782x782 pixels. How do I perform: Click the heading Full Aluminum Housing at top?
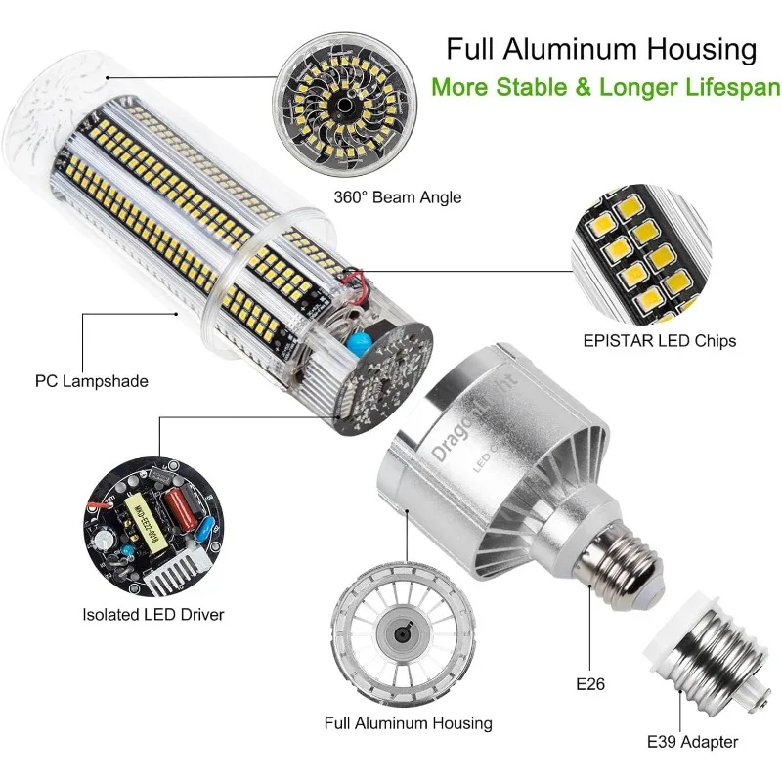click(601, 49)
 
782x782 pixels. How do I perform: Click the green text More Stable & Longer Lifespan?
click(606, 86)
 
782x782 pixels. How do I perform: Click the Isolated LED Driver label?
click(153, 615)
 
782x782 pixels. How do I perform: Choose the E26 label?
click(590, 684)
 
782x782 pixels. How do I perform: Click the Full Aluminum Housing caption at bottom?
click(409, 723)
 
